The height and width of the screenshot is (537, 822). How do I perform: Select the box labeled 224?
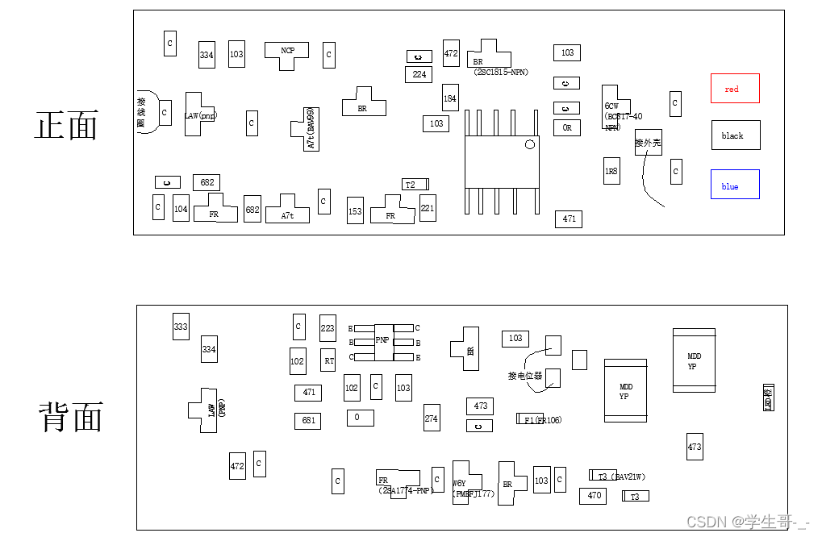tap(419, 74)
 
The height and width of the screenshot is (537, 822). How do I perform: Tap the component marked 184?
tap(449, 98)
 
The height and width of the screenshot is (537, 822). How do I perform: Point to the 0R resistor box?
tap(567, 127)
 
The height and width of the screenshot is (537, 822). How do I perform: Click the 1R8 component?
tap(611, 171)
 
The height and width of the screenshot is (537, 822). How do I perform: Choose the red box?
tap(734, 89)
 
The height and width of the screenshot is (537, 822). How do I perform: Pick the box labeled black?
tap(735, 135)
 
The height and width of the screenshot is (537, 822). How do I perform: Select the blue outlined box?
tap(734, 185)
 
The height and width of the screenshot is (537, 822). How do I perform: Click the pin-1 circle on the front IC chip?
tap(530, 145)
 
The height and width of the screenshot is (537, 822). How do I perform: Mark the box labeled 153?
tap(355, 210)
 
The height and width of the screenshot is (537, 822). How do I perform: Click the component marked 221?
tap(428, 208)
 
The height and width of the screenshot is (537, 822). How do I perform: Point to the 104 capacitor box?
tap(181, 209)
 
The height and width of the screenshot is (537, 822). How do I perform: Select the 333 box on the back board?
tap(181, 327)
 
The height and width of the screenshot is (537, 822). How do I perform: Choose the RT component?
tap(328, 361)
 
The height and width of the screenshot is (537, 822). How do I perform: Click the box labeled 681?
tap(308, 420)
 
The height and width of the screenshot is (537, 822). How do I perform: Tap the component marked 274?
tap(432, 418)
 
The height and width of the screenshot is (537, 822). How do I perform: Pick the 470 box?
tap(593, 496)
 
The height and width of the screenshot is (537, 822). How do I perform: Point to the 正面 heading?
tap(67, 126)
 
